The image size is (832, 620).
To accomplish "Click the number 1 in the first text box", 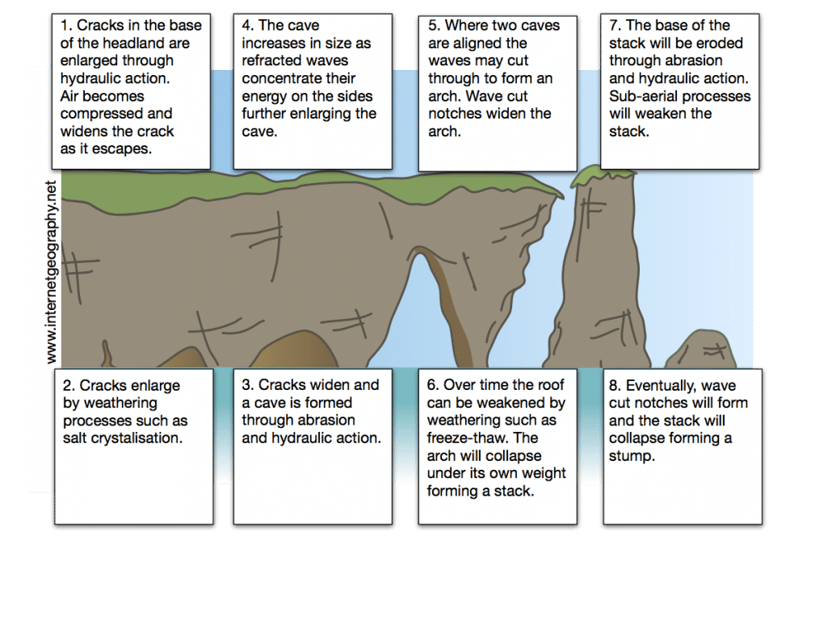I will [65, 25].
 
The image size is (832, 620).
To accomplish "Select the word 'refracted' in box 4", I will [272, 61].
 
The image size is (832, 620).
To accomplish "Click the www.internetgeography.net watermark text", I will [52, 271].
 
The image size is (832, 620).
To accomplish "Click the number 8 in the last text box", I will [613, 385].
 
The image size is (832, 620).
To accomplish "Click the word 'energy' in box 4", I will [265, 96].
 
